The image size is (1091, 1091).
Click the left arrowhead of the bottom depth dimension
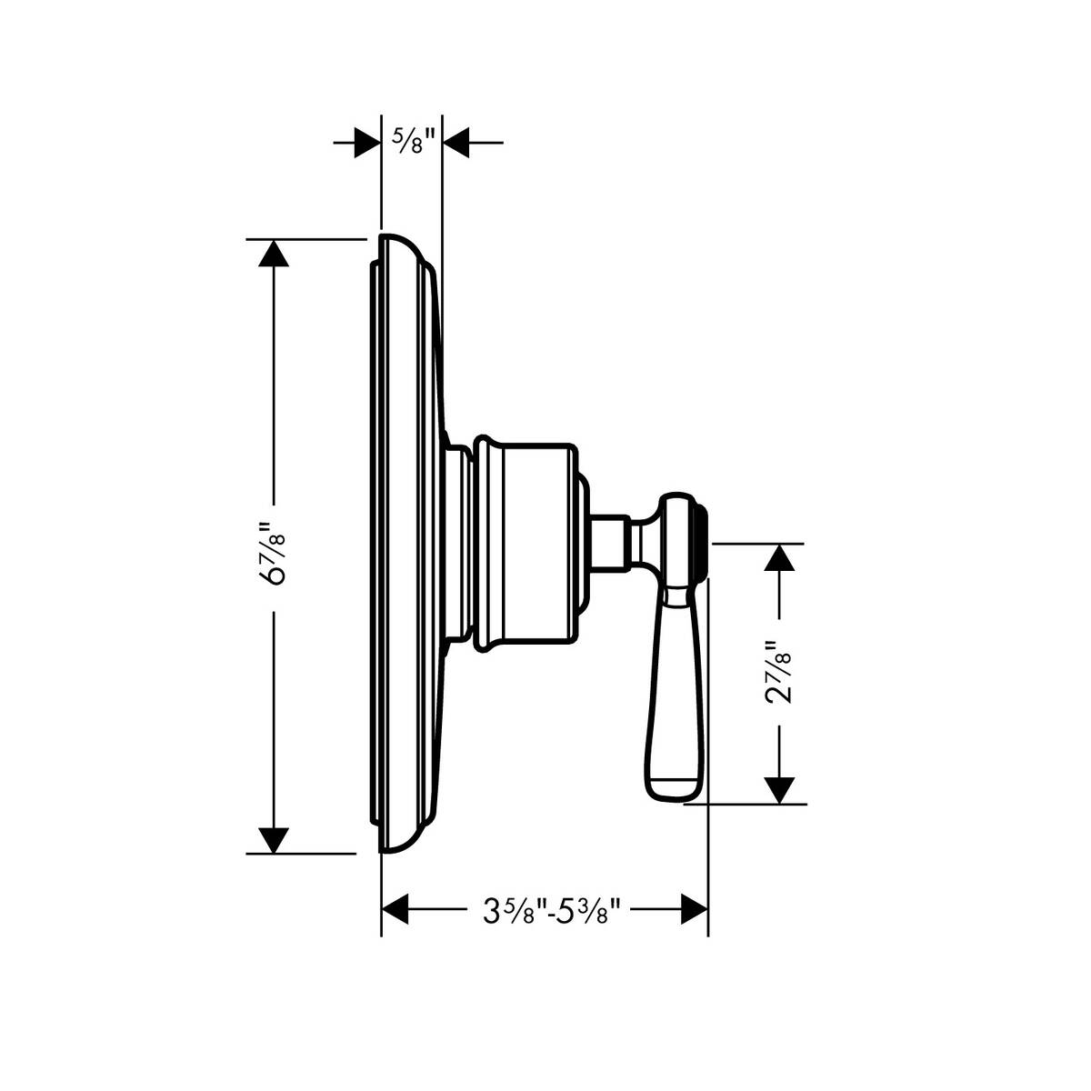pos(395,909)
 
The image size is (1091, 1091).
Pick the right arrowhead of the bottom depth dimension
pos(694,909)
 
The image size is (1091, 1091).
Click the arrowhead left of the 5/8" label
pos(367,143)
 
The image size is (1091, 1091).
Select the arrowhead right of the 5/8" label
pos(455,143)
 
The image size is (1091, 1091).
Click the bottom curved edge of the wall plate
pos(400,846)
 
